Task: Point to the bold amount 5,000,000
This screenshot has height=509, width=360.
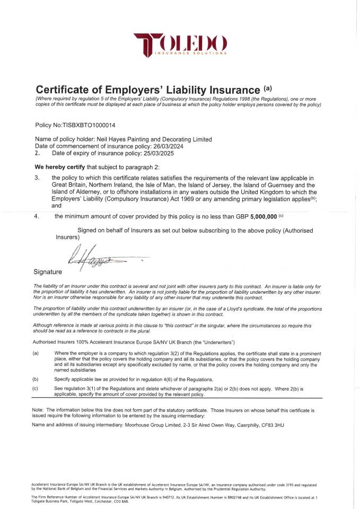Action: point(258,216)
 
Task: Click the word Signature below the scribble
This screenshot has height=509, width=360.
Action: point(48,273)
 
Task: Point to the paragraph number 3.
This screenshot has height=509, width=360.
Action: point(37,178)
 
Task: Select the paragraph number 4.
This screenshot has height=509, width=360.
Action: point(37,216)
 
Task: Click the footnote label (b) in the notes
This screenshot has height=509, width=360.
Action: point(36,379)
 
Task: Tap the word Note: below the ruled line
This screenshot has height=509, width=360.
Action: point(39,410)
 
